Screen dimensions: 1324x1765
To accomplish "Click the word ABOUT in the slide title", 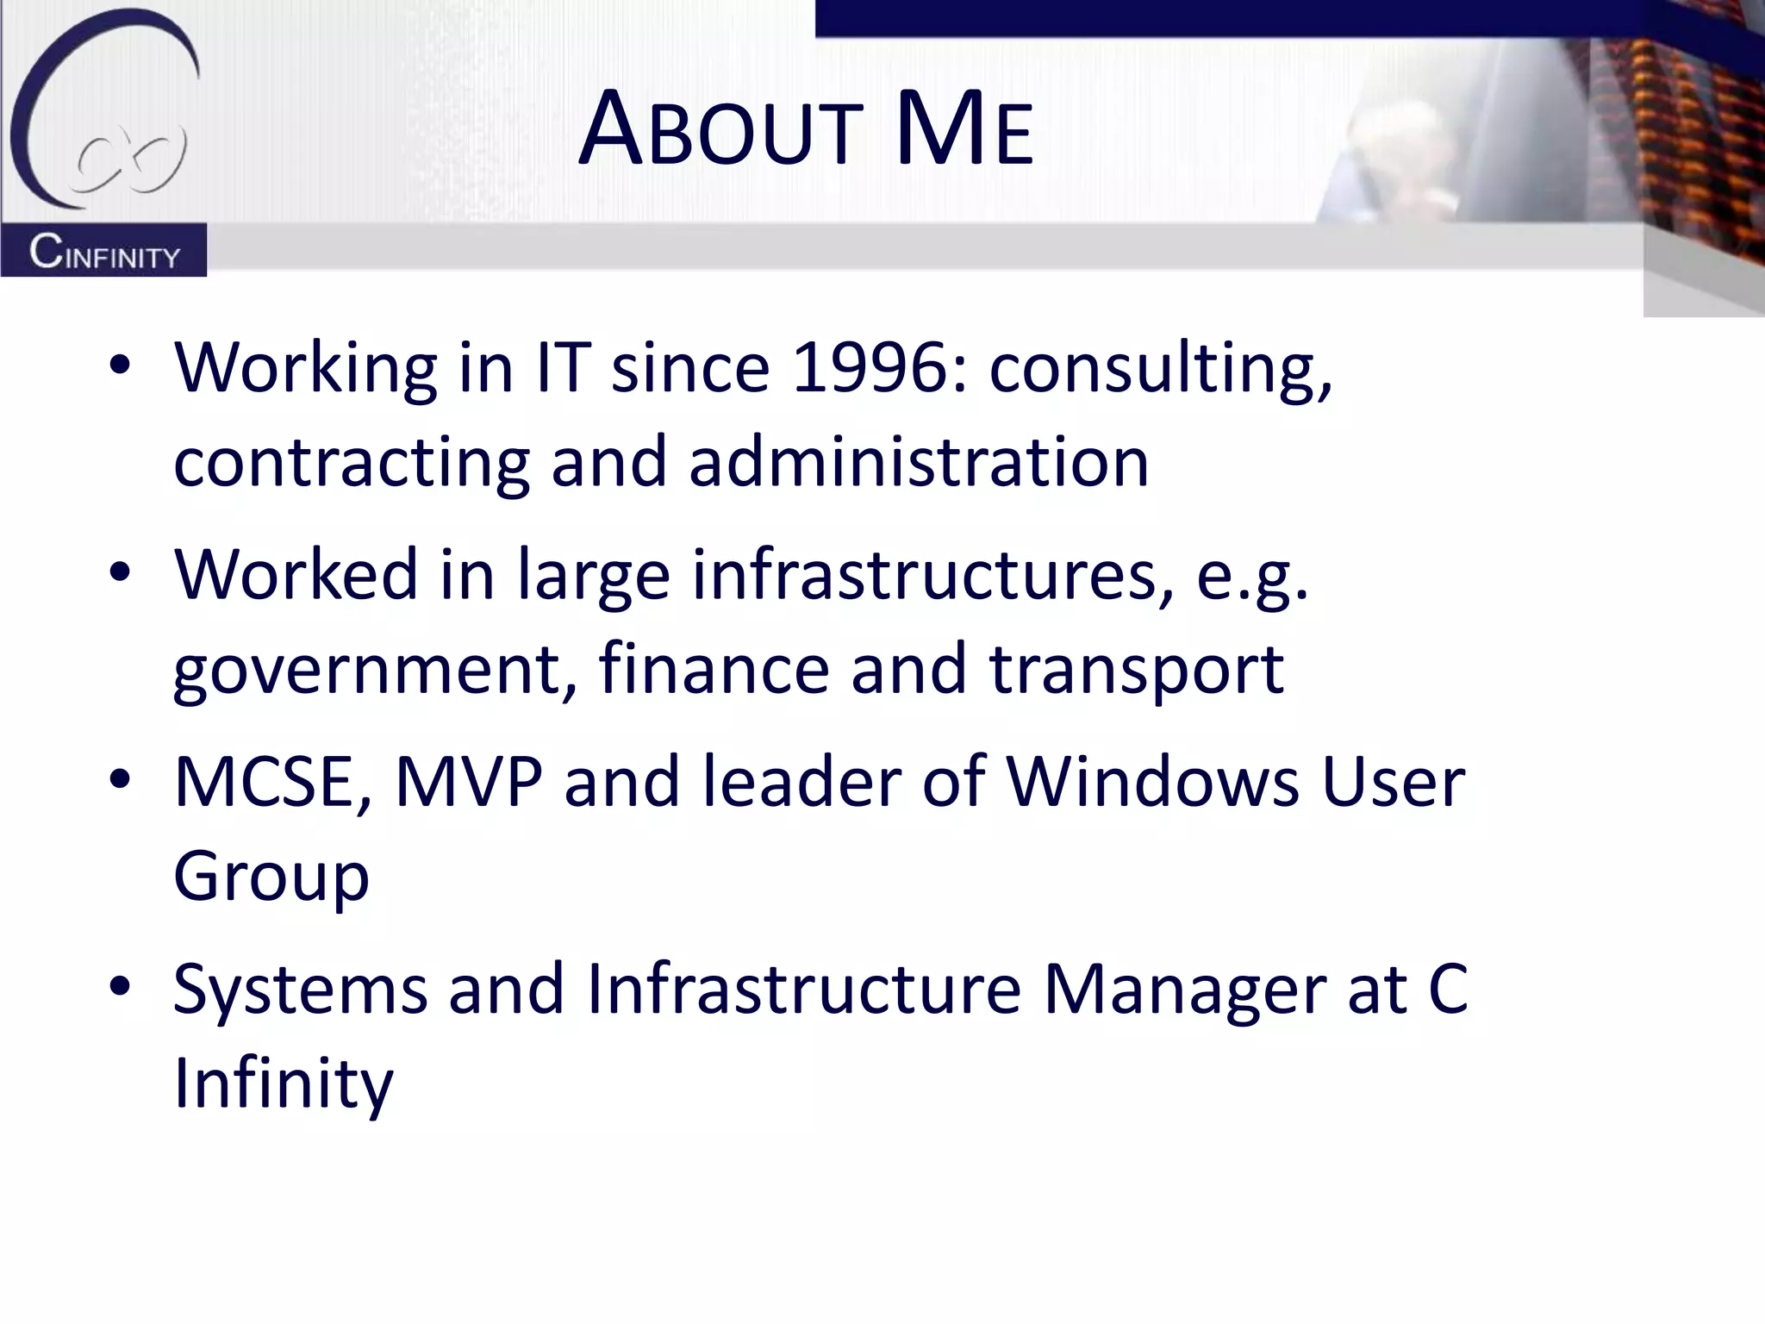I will (x=720, y=131).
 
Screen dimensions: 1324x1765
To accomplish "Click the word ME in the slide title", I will (x=964, y=131).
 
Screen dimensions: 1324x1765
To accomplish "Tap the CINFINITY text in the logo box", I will (x=104, y=253).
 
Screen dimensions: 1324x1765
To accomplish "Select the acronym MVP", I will (x=469, y=782).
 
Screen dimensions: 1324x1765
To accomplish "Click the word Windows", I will (x=1153, y=782).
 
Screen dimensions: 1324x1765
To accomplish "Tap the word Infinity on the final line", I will (x=284, y=1084).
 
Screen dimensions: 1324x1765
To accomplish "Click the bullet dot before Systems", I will (x=120, y=985).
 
